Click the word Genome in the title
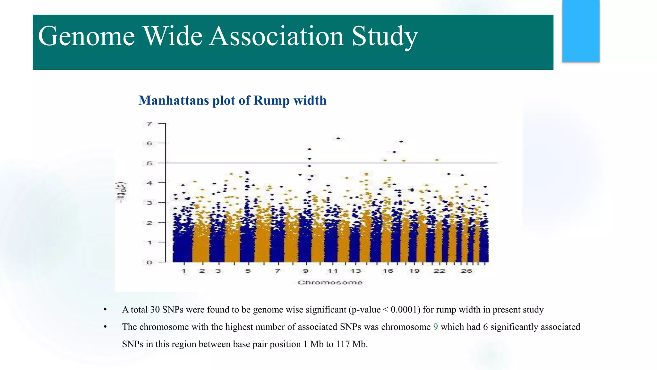86,36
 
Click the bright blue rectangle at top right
581,31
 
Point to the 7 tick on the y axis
149,124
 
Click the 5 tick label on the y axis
149,163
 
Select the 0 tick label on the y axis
149,262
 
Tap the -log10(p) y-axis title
121,192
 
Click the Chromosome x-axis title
330,282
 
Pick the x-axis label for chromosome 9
306,271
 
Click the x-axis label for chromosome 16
388,271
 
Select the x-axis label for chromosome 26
466,271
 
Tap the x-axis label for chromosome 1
183,271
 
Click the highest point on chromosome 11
338,138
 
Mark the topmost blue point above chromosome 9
310,149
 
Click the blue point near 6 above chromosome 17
401,142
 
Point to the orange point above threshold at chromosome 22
437,160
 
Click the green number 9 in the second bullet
435,327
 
